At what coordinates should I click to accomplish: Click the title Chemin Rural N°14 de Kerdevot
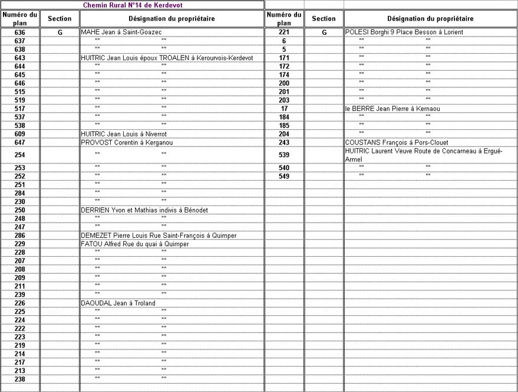tap(132, 4)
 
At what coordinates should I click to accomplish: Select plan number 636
tap(19, 32)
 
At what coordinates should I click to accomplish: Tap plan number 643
tap(19, 58)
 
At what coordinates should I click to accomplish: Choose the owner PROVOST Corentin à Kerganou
tap(127, 142)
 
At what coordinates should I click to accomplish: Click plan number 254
tap(19, 155)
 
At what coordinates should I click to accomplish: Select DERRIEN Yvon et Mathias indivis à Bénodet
tap(144, 210)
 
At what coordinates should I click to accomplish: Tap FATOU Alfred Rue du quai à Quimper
tap(135, 244)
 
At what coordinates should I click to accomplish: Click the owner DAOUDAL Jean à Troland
tap(118, 303)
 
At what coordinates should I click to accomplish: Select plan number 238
tap(19, 379)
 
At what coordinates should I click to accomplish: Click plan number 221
tap(284, 32)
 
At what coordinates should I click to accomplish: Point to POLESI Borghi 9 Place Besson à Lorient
tap(404, 32)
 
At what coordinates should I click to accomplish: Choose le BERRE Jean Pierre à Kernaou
tap(392, 109)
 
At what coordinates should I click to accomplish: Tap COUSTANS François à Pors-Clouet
tap(397, 142)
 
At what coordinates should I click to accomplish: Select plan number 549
tap(284, 176)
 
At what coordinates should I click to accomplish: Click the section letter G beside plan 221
tap(324, 32)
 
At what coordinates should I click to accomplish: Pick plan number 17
tap(284, 109)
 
